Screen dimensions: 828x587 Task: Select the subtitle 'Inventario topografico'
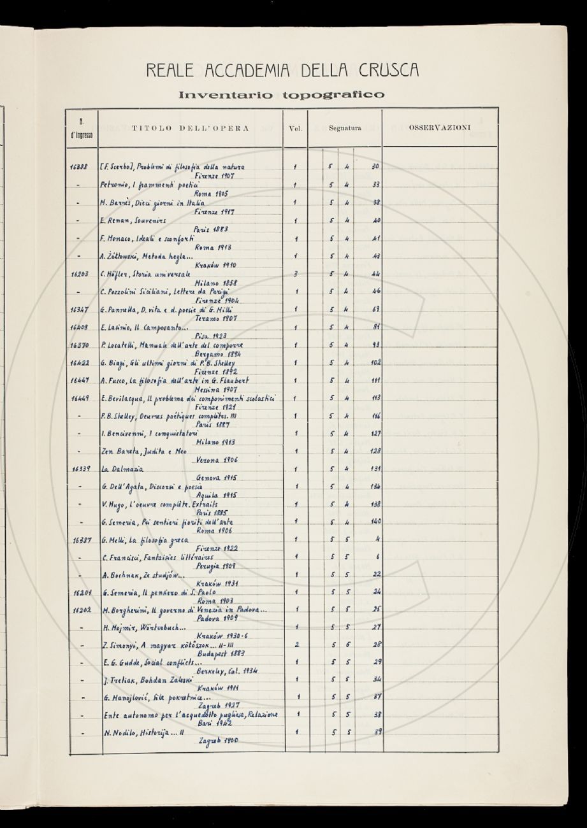point(281,96)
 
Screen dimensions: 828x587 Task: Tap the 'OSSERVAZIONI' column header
point(439,128)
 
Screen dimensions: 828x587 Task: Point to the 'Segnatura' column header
point(345,128)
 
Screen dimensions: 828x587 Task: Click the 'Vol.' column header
point(294,128)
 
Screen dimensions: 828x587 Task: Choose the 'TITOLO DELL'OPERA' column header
point(190,128)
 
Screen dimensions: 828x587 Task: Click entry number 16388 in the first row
point(81,167)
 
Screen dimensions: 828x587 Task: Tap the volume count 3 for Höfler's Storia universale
point(295,274)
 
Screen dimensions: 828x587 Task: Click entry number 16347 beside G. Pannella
point(81,310)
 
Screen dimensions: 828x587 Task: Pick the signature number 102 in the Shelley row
point(375,363)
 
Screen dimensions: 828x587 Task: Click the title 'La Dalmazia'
point(123,469)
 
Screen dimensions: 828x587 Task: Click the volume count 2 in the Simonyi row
point(296,645)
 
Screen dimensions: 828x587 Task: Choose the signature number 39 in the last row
point(377,732)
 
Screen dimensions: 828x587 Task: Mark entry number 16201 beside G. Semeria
point(81,593)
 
